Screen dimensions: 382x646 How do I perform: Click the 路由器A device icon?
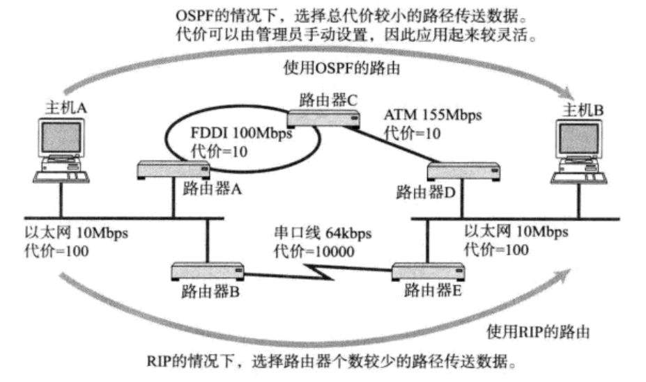(x=174, y=170)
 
